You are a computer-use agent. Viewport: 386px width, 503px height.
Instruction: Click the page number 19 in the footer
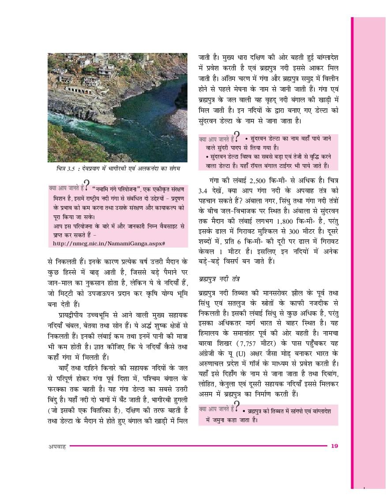pos(334,446)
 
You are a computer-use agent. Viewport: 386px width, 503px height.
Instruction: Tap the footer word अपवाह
pos(57,446)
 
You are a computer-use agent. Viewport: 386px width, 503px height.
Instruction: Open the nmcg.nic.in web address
pos(109,243)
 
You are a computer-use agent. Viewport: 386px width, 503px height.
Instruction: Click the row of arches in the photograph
pos(80,90)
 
